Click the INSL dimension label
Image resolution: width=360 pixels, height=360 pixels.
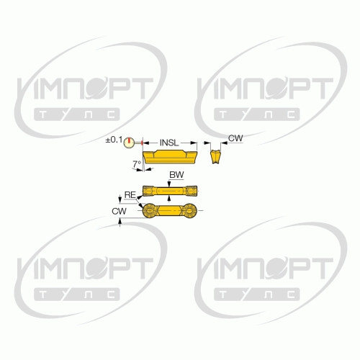coord(169,143)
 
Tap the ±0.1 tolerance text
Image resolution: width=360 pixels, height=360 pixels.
coord(114,140)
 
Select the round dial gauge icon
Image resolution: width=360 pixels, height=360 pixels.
coord(128,143)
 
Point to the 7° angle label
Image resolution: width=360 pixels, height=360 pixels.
coord(137,164)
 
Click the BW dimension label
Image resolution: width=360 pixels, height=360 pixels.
coord(176,175)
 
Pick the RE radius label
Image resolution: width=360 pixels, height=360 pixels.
coord(130,194)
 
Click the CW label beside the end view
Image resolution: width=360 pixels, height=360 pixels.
coord(235,138)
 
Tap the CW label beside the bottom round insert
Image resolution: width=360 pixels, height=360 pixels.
coord(119,211)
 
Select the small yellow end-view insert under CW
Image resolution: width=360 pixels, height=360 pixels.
coord(215,157)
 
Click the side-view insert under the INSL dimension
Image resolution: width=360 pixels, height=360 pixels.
coord(170,157)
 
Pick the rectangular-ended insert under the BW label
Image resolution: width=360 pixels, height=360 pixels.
coord(170,191)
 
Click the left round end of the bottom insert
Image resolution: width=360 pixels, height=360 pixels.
coord(150,211)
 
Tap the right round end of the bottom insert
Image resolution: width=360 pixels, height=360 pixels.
coord(189,211)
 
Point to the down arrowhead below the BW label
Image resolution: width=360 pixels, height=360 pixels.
coord(169,184)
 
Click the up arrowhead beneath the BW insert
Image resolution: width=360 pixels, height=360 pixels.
coord(169,197)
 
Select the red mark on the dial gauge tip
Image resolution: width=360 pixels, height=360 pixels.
coord(142,143)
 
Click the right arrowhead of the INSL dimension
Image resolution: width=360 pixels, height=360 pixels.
coord(194,143)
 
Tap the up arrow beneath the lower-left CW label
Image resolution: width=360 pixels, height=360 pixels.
coord(120,222)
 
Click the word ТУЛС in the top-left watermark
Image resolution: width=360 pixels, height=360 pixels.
coord(77,114)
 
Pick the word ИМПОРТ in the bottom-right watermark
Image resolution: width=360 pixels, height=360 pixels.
coord(265,268)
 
